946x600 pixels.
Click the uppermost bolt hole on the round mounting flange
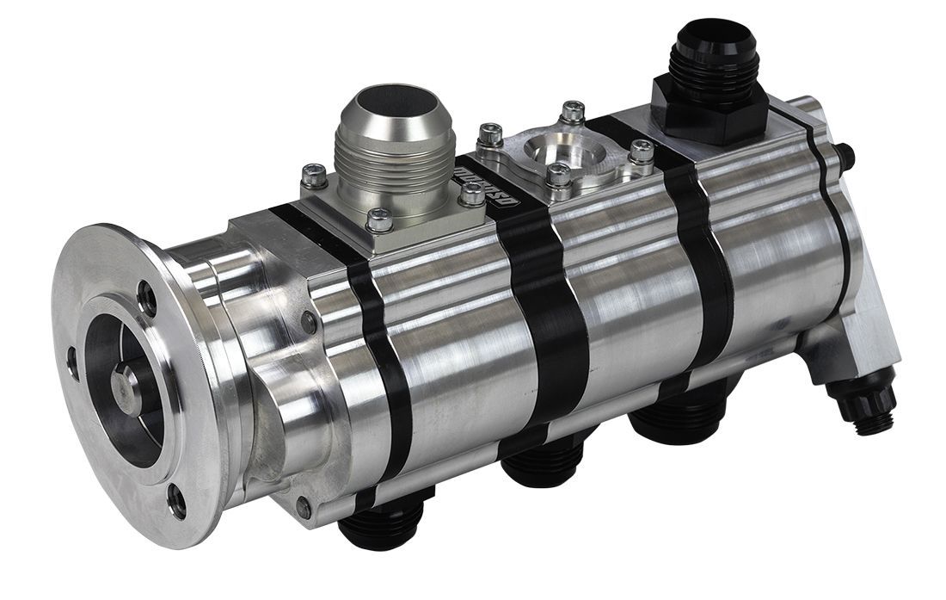(149, 298)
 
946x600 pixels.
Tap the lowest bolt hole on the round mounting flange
(176, 501)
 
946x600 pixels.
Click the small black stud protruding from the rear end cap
(847, 156)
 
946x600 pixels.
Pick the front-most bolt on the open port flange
(557, 176)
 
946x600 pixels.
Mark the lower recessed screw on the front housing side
(303, 508)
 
